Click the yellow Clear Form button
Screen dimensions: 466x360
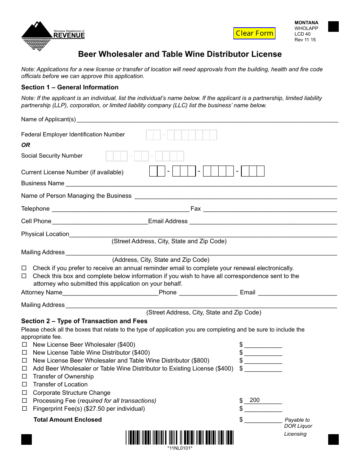tap(254, 33)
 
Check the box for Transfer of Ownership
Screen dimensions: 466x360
tap(25, 376)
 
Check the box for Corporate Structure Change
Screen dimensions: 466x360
tap(25, 393)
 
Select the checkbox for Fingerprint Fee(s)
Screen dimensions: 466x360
tap(25, 408)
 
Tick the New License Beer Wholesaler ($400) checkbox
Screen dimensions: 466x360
tap(25, 344)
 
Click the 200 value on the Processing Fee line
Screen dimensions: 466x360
tap(255, 400)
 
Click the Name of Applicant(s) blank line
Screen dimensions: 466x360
tap(207, 120)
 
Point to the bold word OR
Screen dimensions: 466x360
tap(26, 145)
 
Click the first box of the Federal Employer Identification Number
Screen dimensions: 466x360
tap(149, 135)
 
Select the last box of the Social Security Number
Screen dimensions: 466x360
tap(180, 156)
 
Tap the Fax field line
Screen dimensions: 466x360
tap(269, 209)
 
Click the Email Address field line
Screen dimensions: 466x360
tap(263, 222)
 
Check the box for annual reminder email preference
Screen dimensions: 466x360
tap(25, 268)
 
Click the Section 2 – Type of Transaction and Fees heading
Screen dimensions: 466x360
tap(84, 321)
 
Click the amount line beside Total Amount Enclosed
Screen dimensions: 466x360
tap(263, 420)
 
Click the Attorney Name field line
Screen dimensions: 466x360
tap(110, 293)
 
